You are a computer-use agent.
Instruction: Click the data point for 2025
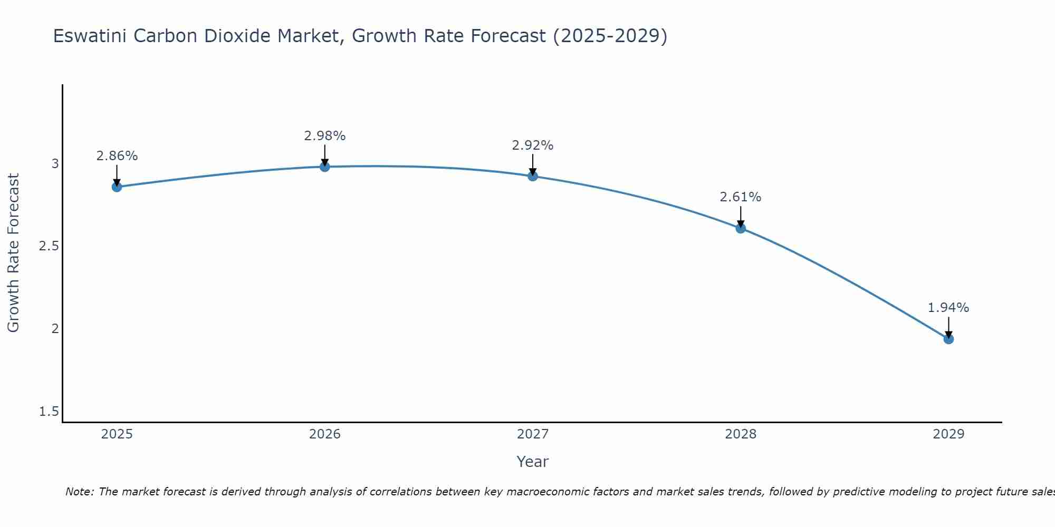pos(117,187)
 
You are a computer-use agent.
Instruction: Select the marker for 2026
pos(325,167)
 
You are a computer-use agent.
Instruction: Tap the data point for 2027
pos(533,176)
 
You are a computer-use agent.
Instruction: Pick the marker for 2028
pos(741,228)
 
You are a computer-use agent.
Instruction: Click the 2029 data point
pos(948,339)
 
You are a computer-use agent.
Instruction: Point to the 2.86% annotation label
pos(117,156)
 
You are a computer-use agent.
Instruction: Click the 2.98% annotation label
pos(325,136)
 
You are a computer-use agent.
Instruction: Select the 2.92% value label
pos(533,145)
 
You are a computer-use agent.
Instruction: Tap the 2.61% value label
pos(741,197)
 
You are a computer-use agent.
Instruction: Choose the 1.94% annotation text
pos(948,308)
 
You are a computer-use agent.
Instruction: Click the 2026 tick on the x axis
pos(325,434)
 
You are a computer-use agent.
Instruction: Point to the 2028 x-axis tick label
pos(741,434)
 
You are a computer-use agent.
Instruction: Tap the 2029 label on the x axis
pos(948,434)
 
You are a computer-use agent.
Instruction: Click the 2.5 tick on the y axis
pos(49,246)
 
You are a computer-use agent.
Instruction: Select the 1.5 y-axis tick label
pos(49,412)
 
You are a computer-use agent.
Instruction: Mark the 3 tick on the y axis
pos(55,164)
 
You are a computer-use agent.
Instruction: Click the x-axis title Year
pos(533,462)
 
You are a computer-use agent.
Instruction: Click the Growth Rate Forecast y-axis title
pos(13,253)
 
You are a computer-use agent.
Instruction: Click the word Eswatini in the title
pos(90,36)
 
